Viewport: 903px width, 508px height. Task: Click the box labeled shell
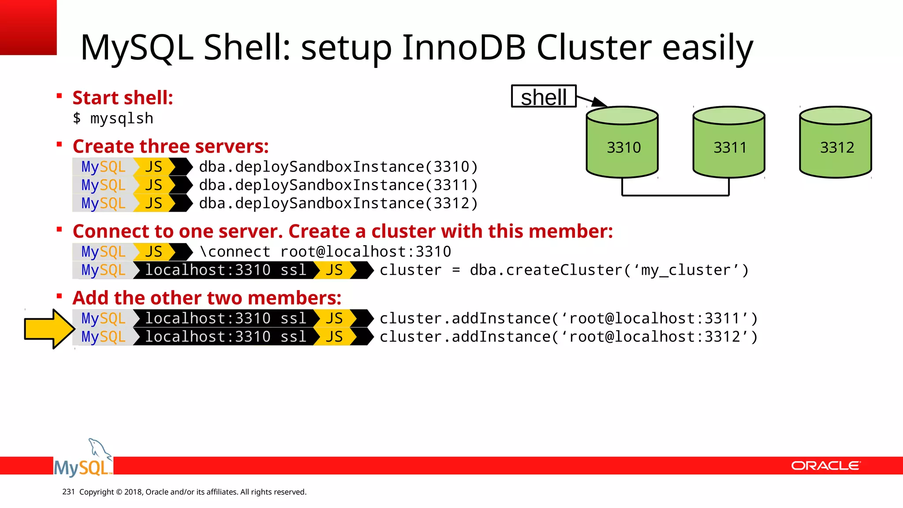click(x=544, y=97)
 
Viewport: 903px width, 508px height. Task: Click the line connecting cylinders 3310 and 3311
click(x=675, y=195)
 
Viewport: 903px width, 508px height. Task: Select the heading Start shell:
click(x=123, y=98)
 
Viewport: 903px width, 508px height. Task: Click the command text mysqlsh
click(x=121, y=119)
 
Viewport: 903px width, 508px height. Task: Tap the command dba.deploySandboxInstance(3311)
click(x=338, y=185)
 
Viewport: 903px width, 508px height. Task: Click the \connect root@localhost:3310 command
click(x=325, y=252)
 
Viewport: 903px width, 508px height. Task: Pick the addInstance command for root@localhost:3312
click(x=568, y=337)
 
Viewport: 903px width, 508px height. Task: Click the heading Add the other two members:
click(x=207, y=298)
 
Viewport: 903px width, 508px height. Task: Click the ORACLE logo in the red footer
click(x=825, y=466)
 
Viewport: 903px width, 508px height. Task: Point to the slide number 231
click(x=68, y=492)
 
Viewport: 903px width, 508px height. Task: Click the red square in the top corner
click(x=28, y=27)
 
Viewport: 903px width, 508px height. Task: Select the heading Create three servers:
click(x=171, y=146)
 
